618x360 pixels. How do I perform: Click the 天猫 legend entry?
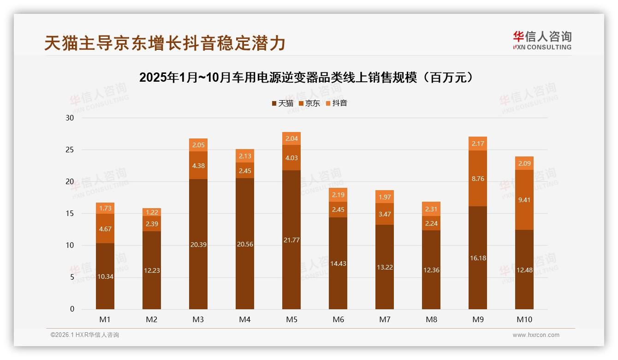point(282,103)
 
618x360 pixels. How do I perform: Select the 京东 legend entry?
point(309,103)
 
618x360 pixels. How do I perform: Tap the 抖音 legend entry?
point(336,103)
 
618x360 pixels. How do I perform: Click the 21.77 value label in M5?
point(291,240)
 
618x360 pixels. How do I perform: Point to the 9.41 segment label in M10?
point(524,200)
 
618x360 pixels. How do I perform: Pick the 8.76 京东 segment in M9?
point(477,179)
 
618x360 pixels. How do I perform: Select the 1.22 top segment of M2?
point(152,212)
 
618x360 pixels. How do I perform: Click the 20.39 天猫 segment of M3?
point(198,244)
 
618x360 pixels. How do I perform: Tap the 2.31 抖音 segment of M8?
point(431,209)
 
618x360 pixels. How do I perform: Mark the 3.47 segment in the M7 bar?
point(384,214)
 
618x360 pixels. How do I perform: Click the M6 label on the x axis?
point(338,319)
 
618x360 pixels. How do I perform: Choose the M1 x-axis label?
point(105,319)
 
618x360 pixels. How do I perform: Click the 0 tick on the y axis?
point(72,309)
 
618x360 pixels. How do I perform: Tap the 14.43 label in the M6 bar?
point(338,264)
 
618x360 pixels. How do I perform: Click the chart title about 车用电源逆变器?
point(306,78)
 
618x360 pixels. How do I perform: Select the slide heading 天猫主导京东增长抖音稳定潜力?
point(165,43)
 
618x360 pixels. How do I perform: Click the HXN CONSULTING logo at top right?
point(542,40)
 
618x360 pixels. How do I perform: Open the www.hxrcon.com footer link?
point(536,335)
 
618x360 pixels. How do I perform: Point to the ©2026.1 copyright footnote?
point(85,335)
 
